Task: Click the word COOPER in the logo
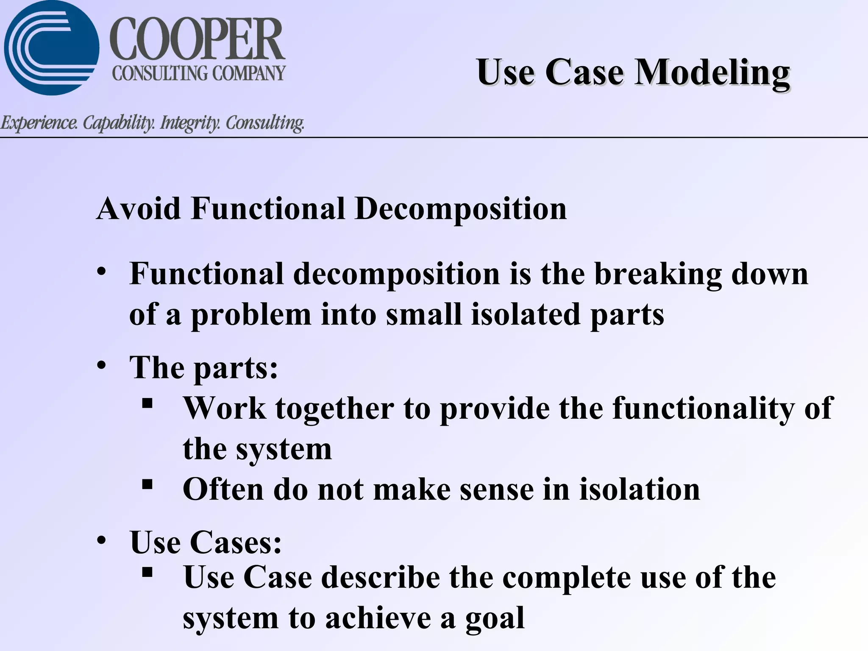coord(197,39)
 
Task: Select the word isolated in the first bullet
coord(526,314)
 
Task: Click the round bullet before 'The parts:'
coord(101,365)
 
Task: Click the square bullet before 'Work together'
coord(147,403)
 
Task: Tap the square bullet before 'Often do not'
coord(147,484)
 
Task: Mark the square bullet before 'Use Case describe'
coord(147,573)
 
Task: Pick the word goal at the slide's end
coord(495,618)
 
